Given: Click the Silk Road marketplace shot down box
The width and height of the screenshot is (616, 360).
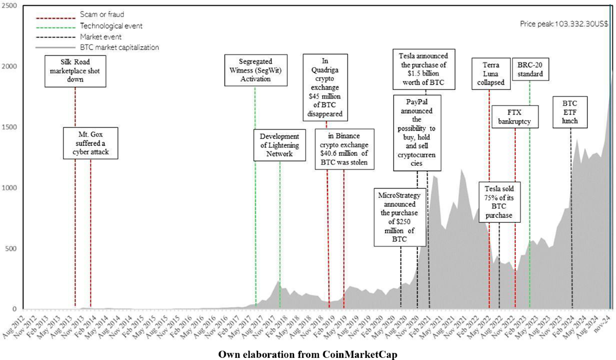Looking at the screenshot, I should point(75,72).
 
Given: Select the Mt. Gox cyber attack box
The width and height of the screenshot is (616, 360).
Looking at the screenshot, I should point(90,142).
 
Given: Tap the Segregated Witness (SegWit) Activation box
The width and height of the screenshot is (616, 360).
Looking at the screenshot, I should point(255,72).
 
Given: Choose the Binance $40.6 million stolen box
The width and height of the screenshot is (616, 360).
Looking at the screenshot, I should point(344,149).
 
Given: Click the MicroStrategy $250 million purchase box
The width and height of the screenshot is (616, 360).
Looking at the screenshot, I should point(401,217).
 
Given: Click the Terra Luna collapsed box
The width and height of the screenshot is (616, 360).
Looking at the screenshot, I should point(489,74).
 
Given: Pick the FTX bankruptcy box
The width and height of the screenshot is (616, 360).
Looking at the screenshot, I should point(515,117).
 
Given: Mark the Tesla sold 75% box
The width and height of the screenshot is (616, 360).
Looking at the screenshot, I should point(499,201).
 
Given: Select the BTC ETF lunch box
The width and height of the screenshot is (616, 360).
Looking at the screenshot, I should point(570,111).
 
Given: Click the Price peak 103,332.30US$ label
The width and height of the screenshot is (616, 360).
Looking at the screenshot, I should point(563,24).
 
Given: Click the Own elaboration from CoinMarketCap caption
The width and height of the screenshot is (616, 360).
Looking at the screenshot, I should point(308,354).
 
